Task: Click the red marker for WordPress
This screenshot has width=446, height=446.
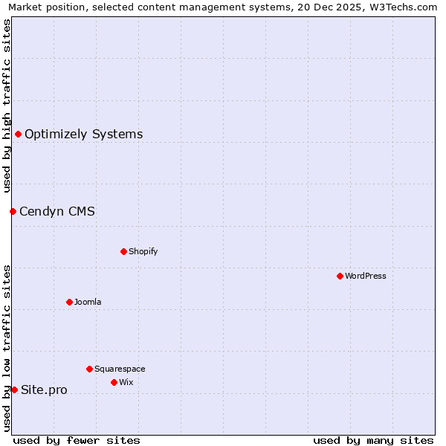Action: pyautogui.click(x=340, y=276)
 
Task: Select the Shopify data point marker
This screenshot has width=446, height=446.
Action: pyautogui.click(x=123, y=251)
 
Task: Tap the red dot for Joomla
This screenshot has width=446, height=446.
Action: pyautogui.click(x=69, y=302)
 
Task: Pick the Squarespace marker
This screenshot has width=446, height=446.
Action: pyautogui.click(x=89, y=369)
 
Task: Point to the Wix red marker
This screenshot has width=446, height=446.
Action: pyautogui.click(x=114, y=382)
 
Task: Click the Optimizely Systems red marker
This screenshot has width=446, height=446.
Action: pyautogui.click(x=18, y=134)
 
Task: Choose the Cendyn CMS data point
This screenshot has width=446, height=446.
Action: pyautogui.click(x=13, y=211)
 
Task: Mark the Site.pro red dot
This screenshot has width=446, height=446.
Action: pyautogui.click(x=14, y=390)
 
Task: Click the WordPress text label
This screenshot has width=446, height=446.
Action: pyautogui.click(x=366, y=276)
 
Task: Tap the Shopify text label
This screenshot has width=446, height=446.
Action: pyautogui.click(x=143, y=251)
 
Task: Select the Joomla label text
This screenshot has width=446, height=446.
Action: pyautogui.click(x=88, y=302)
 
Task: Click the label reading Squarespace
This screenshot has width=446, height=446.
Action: pyautogui.click(x=120, y=369)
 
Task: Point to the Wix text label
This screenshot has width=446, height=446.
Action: pyautogui.click(x=126, y=382)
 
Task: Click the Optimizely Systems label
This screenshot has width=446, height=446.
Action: pyautogui.click(x=84, y=134)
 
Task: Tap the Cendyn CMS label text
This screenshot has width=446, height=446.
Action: pyautogui.click(x=57, y=211)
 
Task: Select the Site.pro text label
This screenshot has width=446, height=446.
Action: pyautogui.click(x=44, y=390)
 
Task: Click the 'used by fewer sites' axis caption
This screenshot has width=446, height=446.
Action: pyautogui.click(x=77, y=440)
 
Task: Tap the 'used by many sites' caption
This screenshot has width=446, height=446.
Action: pyautogui.click(x=373, y=440)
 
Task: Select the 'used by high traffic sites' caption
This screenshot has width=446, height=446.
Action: pyautogui.click(x=7, y=106)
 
